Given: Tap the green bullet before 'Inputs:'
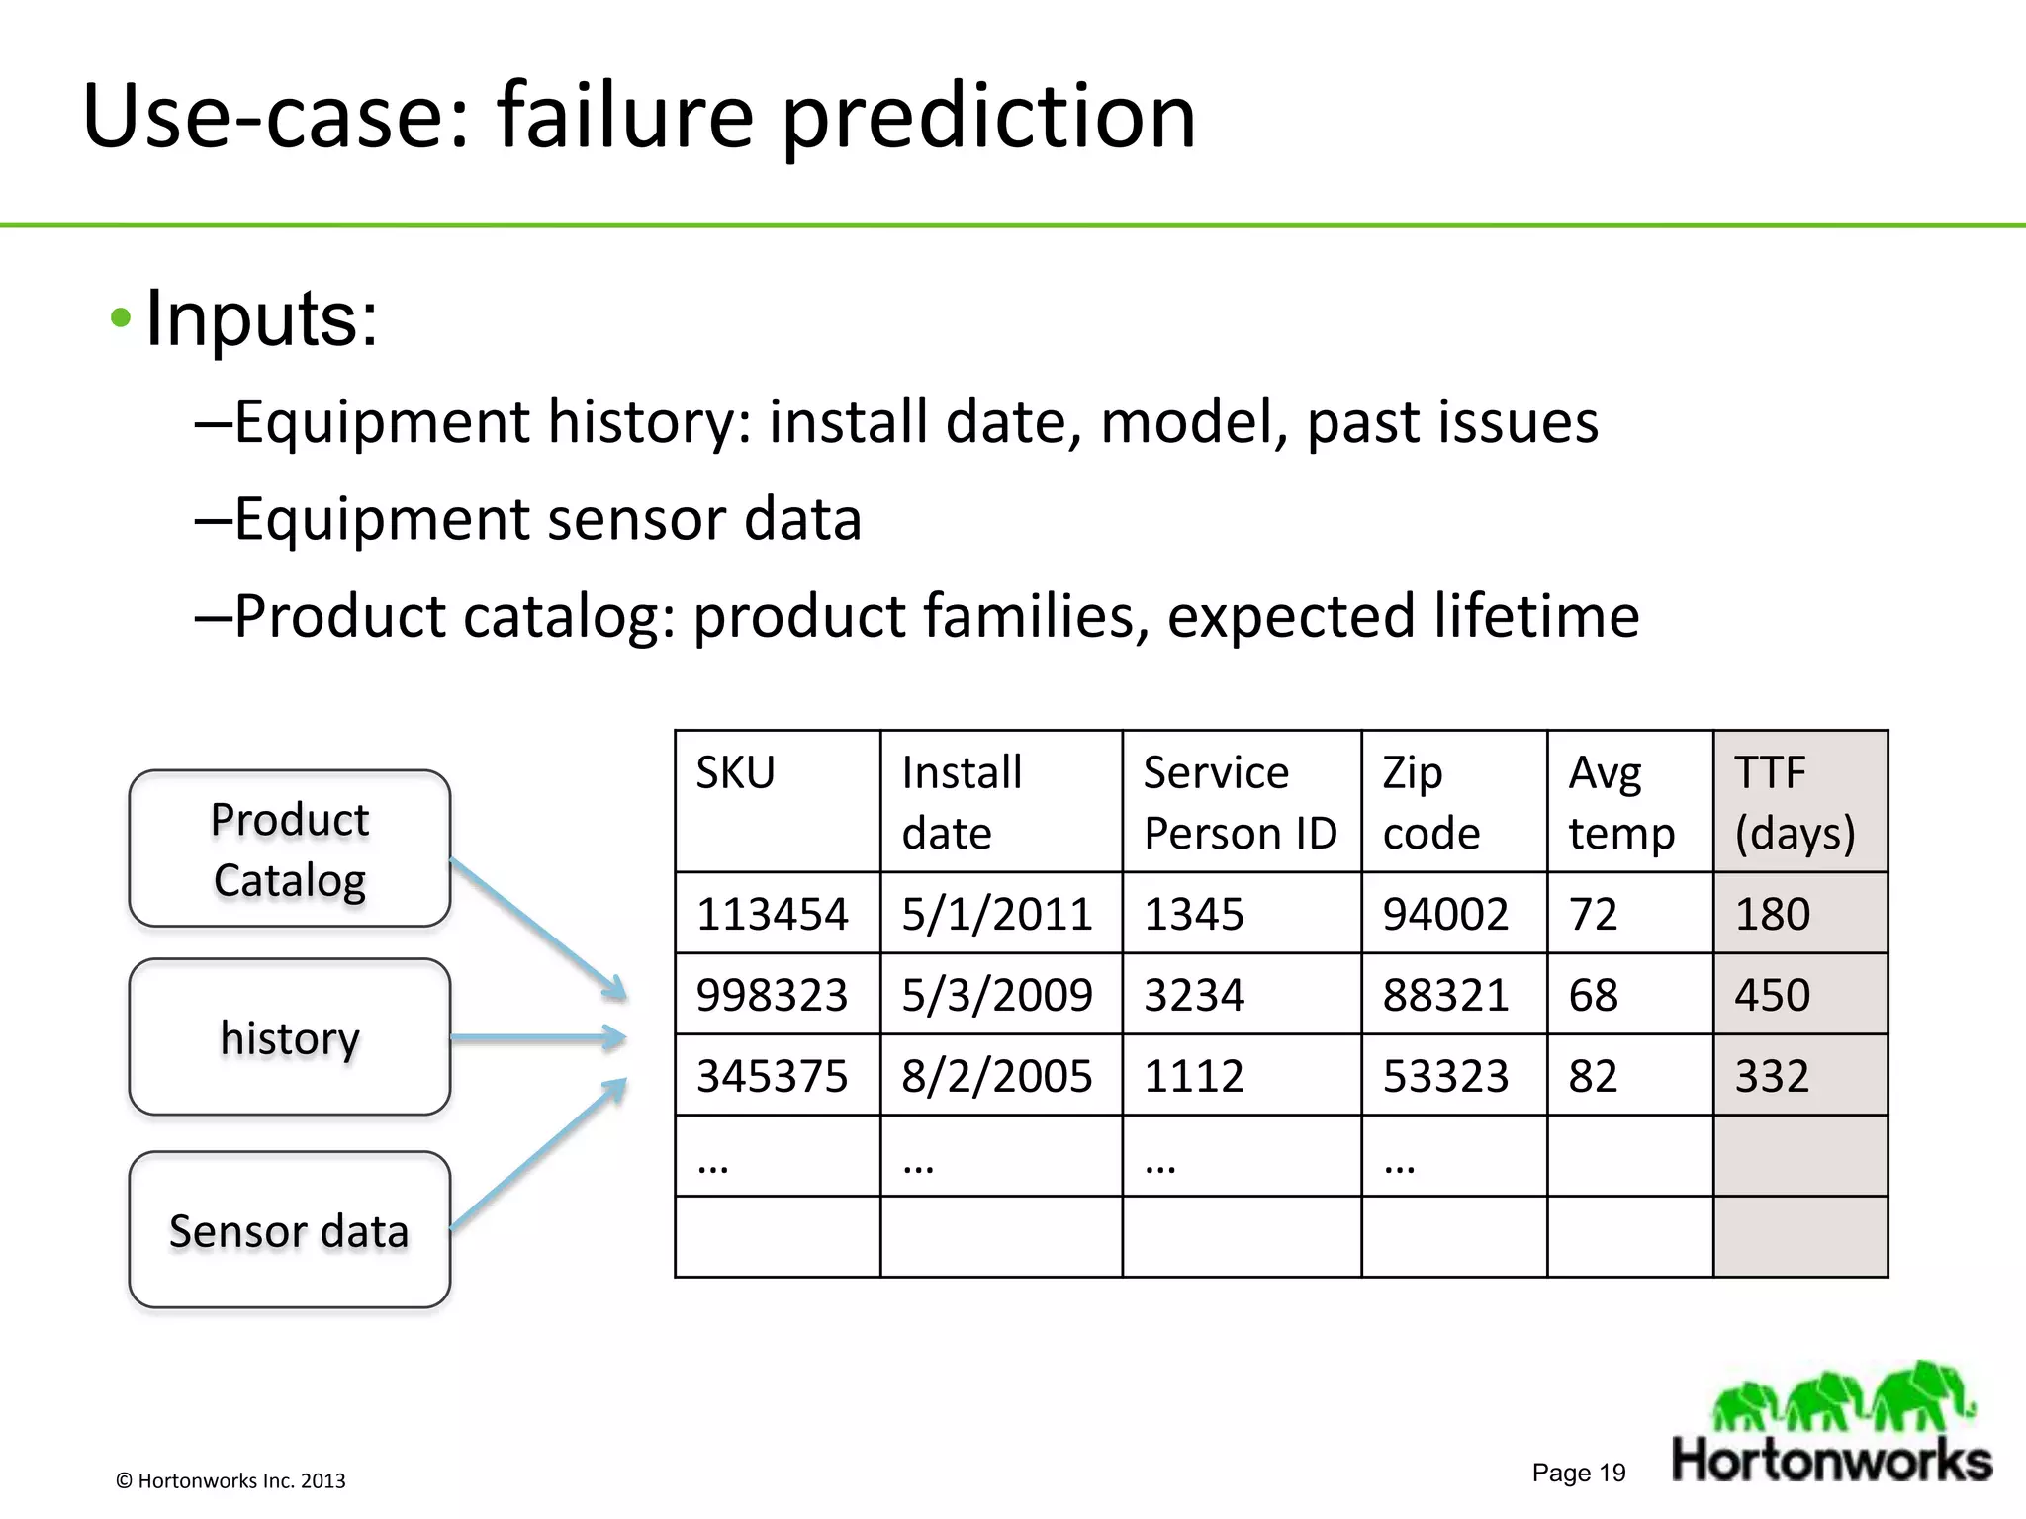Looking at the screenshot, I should click(x=121, y=318).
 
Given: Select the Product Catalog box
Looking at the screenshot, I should click(x=290, y=849).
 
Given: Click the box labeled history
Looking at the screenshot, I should click(x=290, y=1037).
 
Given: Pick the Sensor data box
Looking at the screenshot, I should click(x=290, y=1230).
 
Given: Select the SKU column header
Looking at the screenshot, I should click(x=736, y=773).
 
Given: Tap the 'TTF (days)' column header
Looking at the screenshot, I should click(x=1796, y=802).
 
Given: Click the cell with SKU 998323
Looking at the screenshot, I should click(x=773, y=995).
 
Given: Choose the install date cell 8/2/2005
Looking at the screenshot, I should click(x=997, y=1076).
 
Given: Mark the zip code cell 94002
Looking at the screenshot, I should click(x=1445, y=914).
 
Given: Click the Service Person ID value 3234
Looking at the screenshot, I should click(x=1194, y=995).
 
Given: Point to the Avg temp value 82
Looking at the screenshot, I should click(x=1593, y=1076).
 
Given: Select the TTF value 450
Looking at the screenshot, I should click(x=1772, y=995).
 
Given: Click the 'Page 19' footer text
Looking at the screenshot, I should click(x=1579, y=1473).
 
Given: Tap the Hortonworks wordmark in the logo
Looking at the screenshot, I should click(x=1832, y=1461).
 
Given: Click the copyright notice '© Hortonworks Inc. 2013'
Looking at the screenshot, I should click(x=230, y=1480).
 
